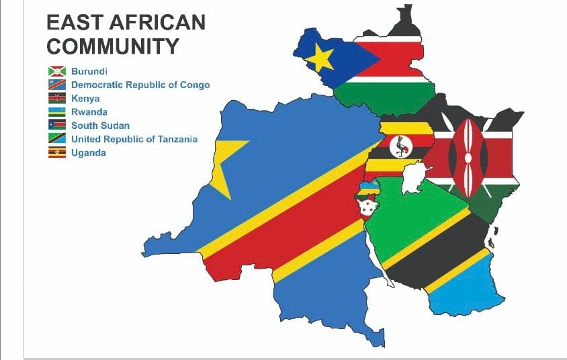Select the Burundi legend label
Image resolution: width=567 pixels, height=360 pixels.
[x=89, y=71]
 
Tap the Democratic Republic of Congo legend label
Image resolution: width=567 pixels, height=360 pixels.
[x=140, y=85]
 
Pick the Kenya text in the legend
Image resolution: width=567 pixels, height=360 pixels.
[x=85, y=98]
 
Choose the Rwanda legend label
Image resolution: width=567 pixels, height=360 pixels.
[x=89, y=112]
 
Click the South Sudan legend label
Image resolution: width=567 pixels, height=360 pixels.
[x=100, y=126]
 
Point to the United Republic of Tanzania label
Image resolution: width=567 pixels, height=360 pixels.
[x=134, y=139]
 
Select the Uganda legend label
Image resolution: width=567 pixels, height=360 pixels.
[x=88, y=153]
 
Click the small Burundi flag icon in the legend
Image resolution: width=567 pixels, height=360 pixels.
[x=56, y=71]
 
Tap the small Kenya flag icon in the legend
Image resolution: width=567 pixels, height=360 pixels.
[x=56, y=98]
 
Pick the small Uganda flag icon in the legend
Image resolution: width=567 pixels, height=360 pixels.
[x=56, y=153]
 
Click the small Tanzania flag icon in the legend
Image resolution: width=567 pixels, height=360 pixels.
[x=56, y=139]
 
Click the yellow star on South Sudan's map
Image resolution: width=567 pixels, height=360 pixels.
[x=320, y=59]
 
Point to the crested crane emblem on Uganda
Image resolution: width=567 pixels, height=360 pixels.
[x=401, y=146]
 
